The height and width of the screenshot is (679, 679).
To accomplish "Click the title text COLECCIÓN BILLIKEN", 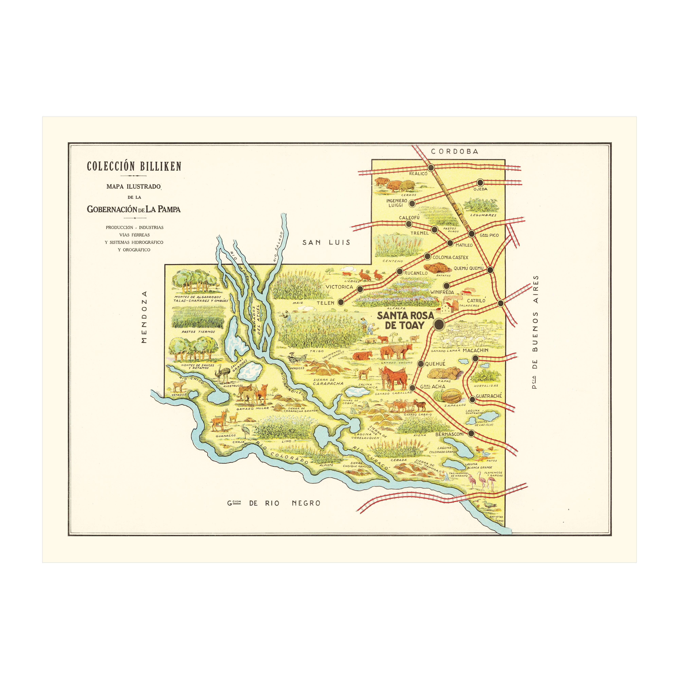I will (134, 166).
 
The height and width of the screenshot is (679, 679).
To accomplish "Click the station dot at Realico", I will (431, 168).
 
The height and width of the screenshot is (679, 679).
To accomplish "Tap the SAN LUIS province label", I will (326, 242).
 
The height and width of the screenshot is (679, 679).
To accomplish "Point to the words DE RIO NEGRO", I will (285, 503).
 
